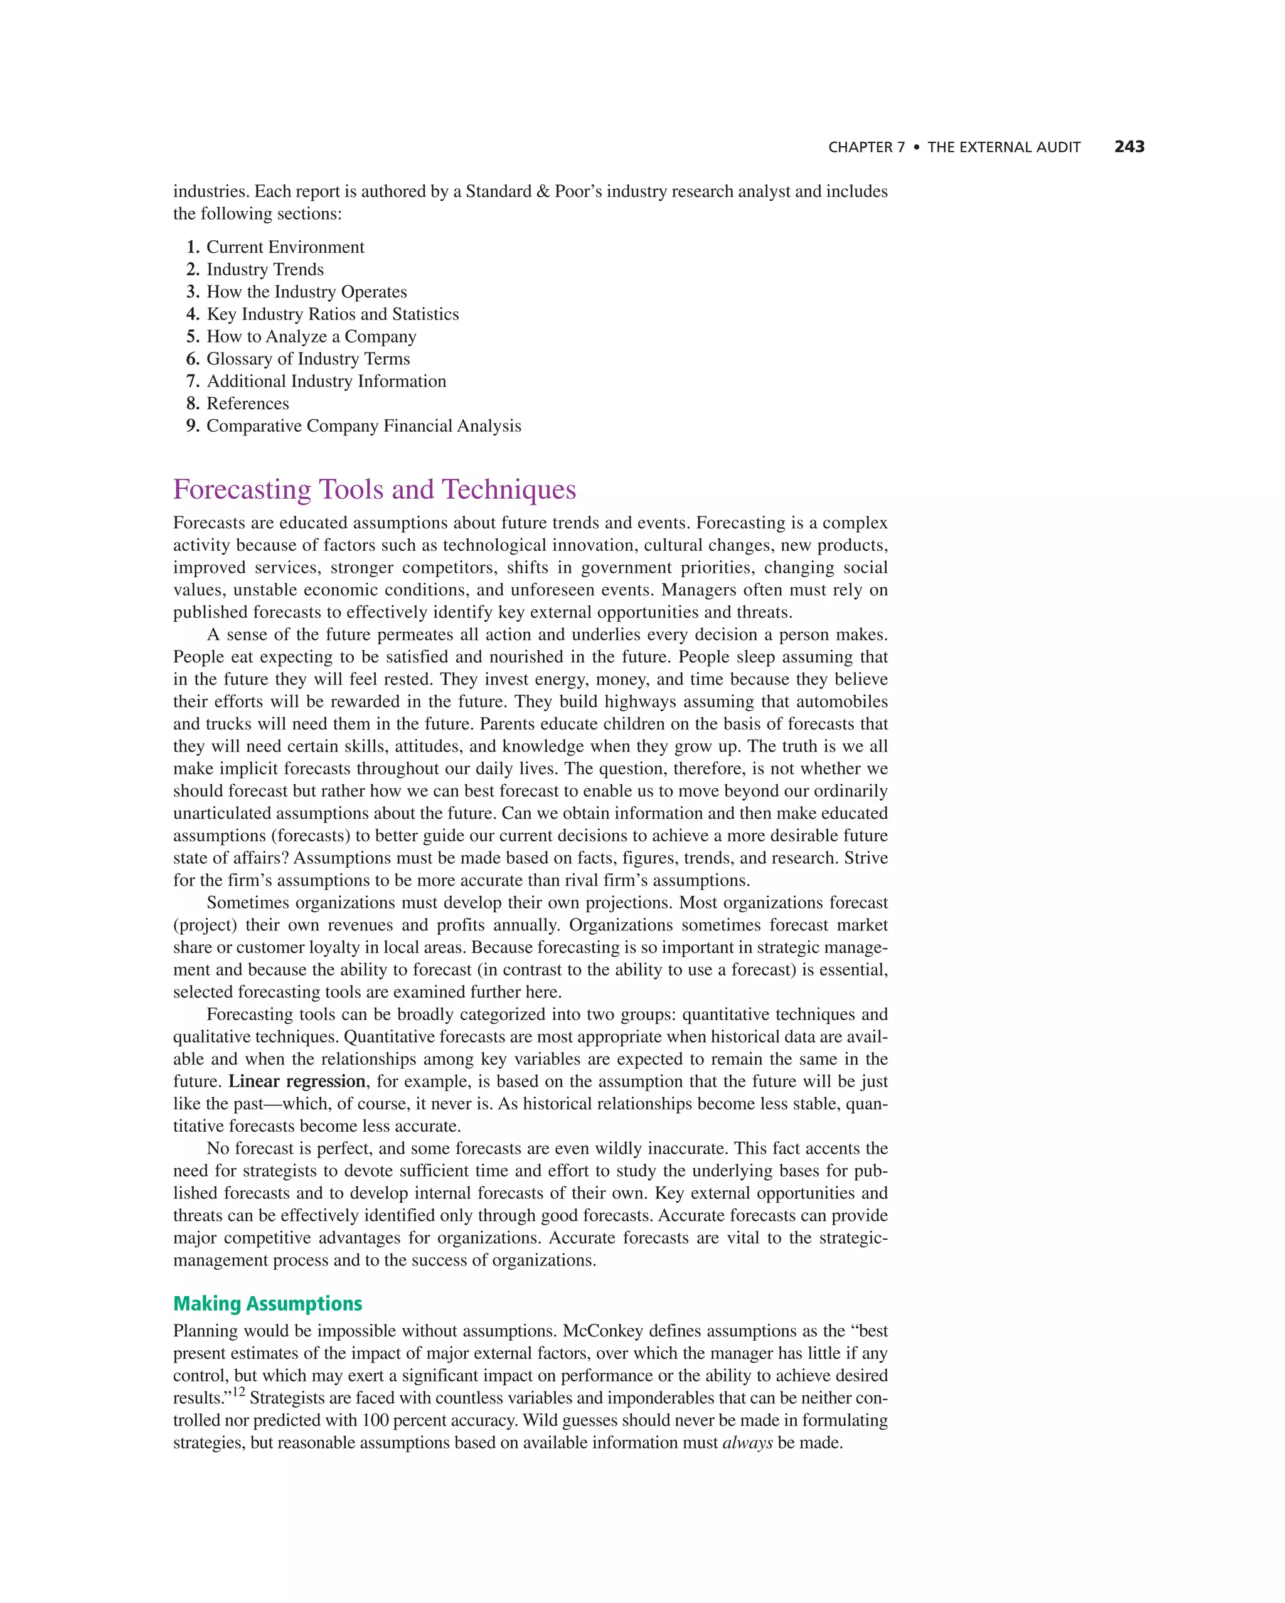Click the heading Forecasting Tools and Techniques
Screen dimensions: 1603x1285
point(374,489)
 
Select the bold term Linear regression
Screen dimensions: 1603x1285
point(297,1081)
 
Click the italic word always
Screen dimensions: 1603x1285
point(747,1443)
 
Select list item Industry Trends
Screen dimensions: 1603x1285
point(265,269)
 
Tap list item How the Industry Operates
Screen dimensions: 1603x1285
point(306,292)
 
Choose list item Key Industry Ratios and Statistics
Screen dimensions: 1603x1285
point(333,314)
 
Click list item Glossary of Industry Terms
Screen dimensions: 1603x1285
point(308,358)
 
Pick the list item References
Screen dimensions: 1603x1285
point(248,403)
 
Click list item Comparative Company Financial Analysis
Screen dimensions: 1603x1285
point(364,426)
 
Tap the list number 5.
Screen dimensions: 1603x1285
point(193,336)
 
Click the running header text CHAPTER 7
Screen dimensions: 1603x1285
point(866,147)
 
